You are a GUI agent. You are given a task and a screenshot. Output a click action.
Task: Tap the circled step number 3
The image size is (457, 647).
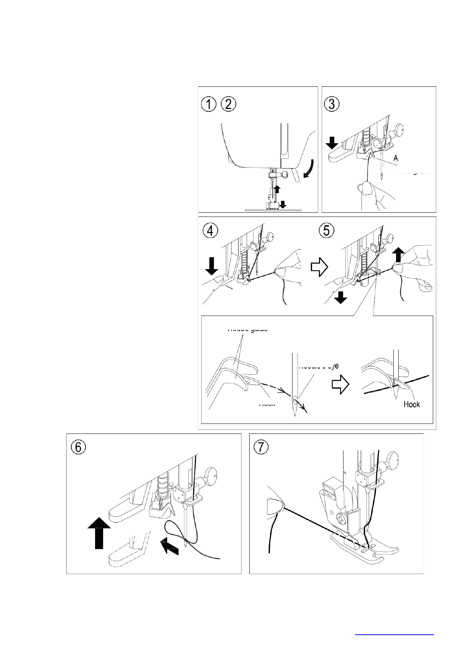(x=331, y=104)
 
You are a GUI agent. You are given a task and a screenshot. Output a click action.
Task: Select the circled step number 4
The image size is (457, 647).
(x=210, y=231)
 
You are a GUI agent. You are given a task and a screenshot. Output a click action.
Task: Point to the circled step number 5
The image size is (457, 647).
(x=327, y=231)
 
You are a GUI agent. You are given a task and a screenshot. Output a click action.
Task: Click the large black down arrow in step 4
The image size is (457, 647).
(x=211, y=266)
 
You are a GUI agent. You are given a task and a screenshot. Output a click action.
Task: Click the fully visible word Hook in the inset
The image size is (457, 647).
(x=411, y=404)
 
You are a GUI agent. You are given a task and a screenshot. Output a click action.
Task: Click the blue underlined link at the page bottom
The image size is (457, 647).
(x=394, y=634)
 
